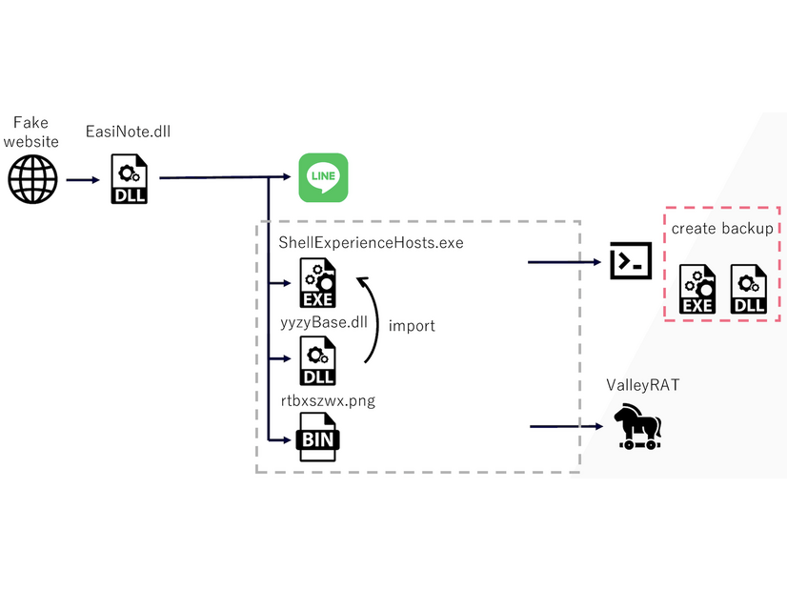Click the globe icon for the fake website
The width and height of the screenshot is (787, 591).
(33, 178)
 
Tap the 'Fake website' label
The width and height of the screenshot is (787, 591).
(34, 132)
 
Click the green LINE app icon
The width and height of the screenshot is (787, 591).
(324, 177)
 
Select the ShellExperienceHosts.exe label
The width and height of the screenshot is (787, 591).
(371, 243)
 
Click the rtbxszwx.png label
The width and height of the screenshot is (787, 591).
(327, 400)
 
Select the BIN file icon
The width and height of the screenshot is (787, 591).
(318, 438)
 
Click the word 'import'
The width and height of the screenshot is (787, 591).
(412, 326)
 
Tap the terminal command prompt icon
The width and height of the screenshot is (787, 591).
(631, 260)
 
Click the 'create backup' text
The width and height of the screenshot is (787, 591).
(722, 229)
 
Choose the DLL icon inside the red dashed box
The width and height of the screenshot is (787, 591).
(748, 290)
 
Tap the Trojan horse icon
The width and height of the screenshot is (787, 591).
(636, 426)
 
